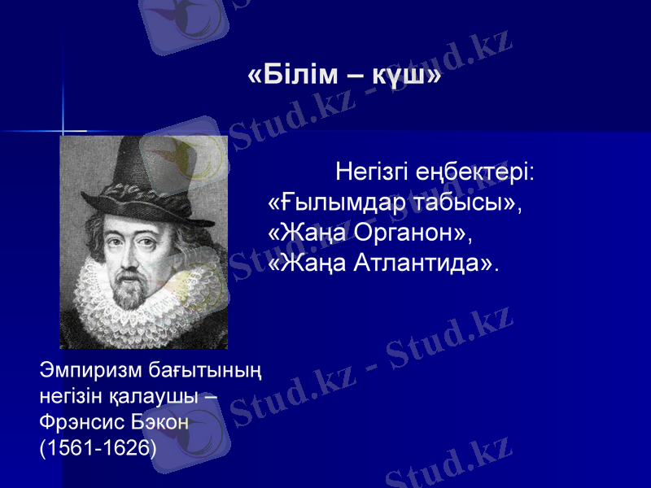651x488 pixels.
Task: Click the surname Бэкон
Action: [161, 423]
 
